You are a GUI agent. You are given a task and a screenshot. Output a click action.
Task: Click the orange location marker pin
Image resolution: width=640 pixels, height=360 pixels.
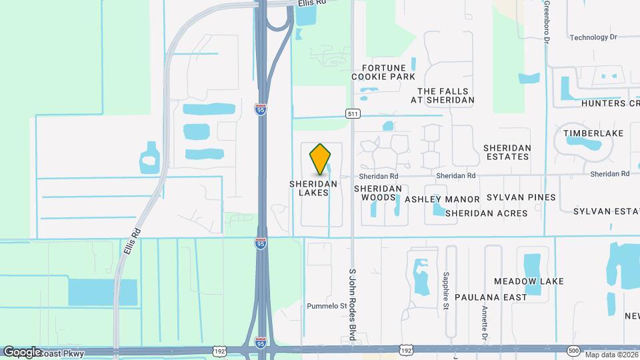[x=321, y=159]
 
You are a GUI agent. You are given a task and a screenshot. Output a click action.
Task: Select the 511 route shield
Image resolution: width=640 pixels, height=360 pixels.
[x=353, y=114]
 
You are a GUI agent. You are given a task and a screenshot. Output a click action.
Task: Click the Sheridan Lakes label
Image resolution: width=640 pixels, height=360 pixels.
[x=313, y=188]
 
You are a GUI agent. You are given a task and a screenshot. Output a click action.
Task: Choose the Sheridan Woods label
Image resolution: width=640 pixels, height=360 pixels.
[x=382, y=193]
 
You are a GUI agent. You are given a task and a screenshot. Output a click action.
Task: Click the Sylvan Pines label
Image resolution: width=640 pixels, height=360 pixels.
[x=521, y=197]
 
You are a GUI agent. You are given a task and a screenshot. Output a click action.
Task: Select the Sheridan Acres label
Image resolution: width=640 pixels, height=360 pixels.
[x=486, y=213]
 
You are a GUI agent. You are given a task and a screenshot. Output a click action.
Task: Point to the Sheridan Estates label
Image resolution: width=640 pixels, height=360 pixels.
[x=507, y=152]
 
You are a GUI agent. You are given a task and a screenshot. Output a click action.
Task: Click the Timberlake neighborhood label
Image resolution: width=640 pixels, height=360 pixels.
[x=593, y=133]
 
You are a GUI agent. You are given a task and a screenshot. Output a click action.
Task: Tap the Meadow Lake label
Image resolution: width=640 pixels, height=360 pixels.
[x=529, y=281]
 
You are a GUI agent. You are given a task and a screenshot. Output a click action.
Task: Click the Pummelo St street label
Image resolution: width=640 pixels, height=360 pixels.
[x=327, y=307]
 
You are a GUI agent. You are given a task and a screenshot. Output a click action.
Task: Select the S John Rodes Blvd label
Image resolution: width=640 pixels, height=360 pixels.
[x=353, y=303]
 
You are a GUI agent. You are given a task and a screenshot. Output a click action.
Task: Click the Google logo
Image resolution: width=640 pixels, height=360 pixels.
[x=23, y=351]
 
